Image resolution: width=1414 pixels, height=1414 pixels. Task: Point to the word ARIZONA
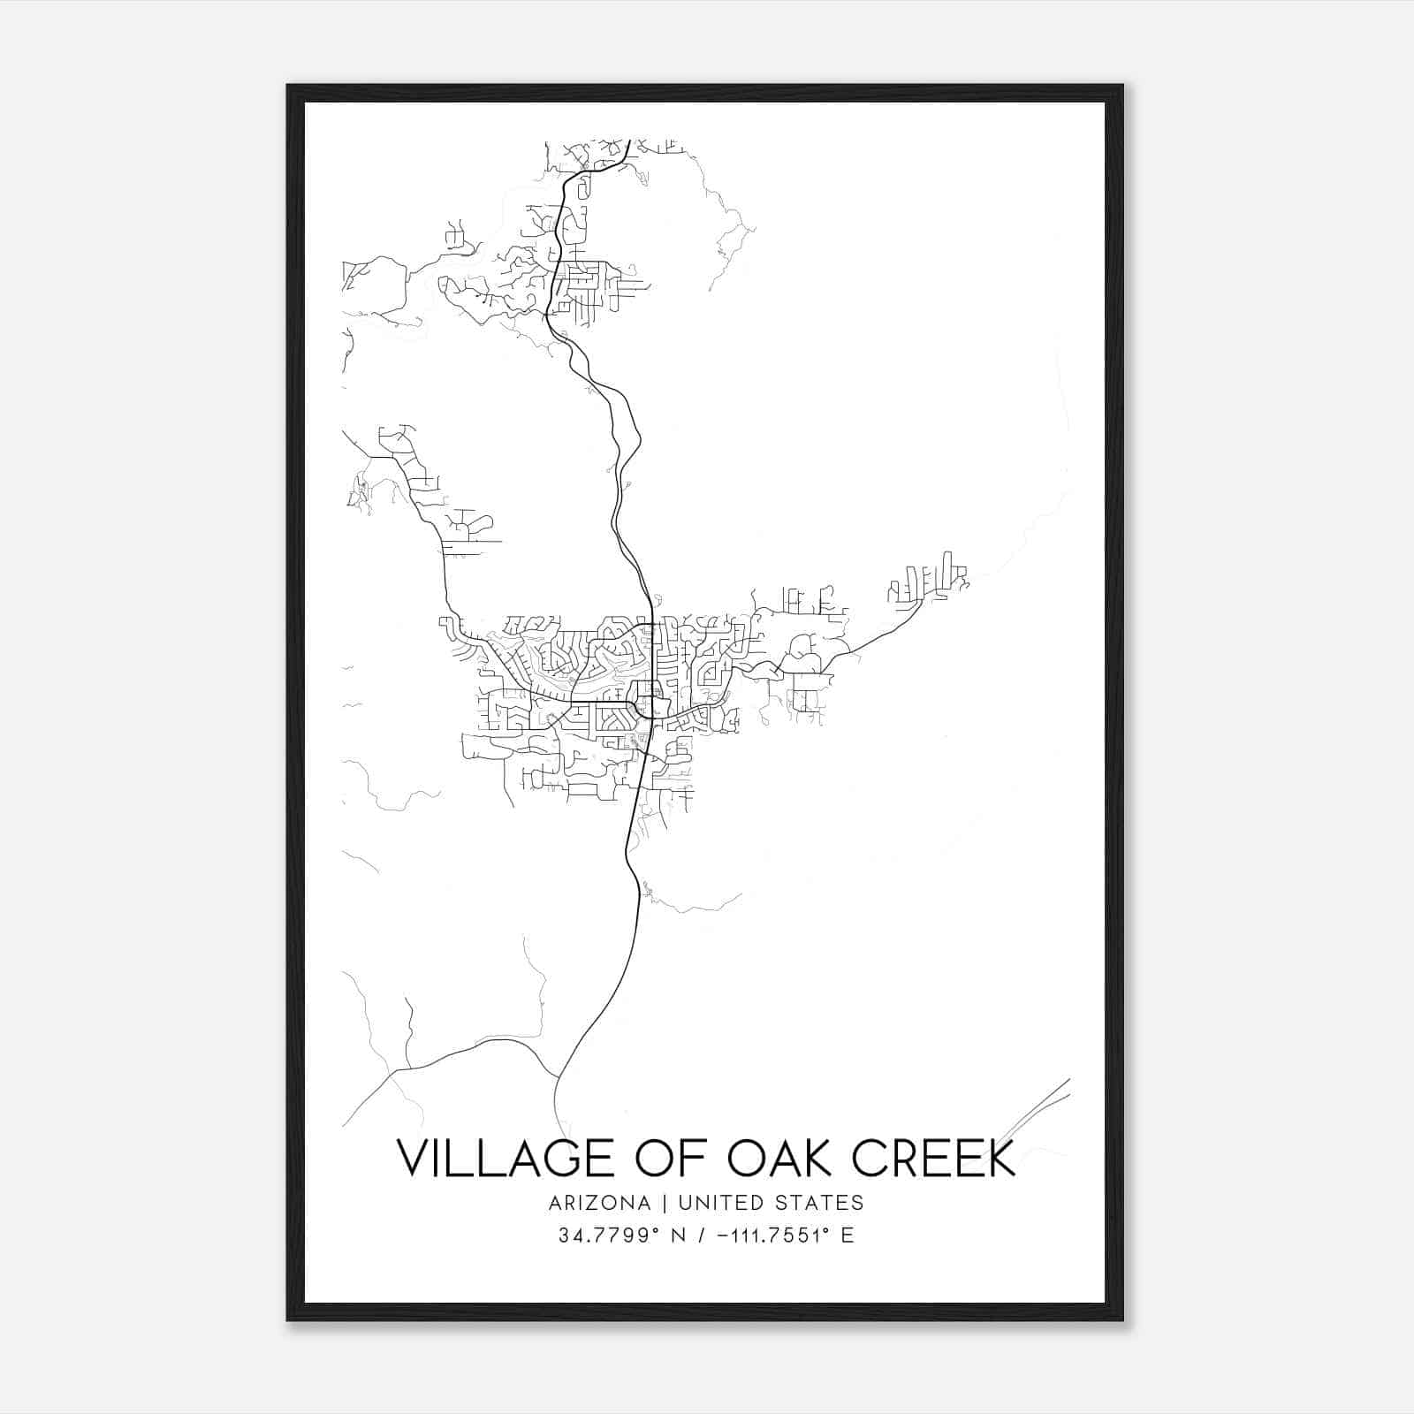point(598,1203)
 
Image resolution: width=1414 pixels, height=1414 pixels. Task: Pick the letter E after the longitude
point(848,1235)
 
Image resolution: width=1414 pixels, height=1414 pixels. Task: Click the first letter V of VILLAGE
point(413,1158)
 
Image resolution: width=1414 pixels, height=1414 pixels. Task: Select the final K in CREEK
point(1002,1158)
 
